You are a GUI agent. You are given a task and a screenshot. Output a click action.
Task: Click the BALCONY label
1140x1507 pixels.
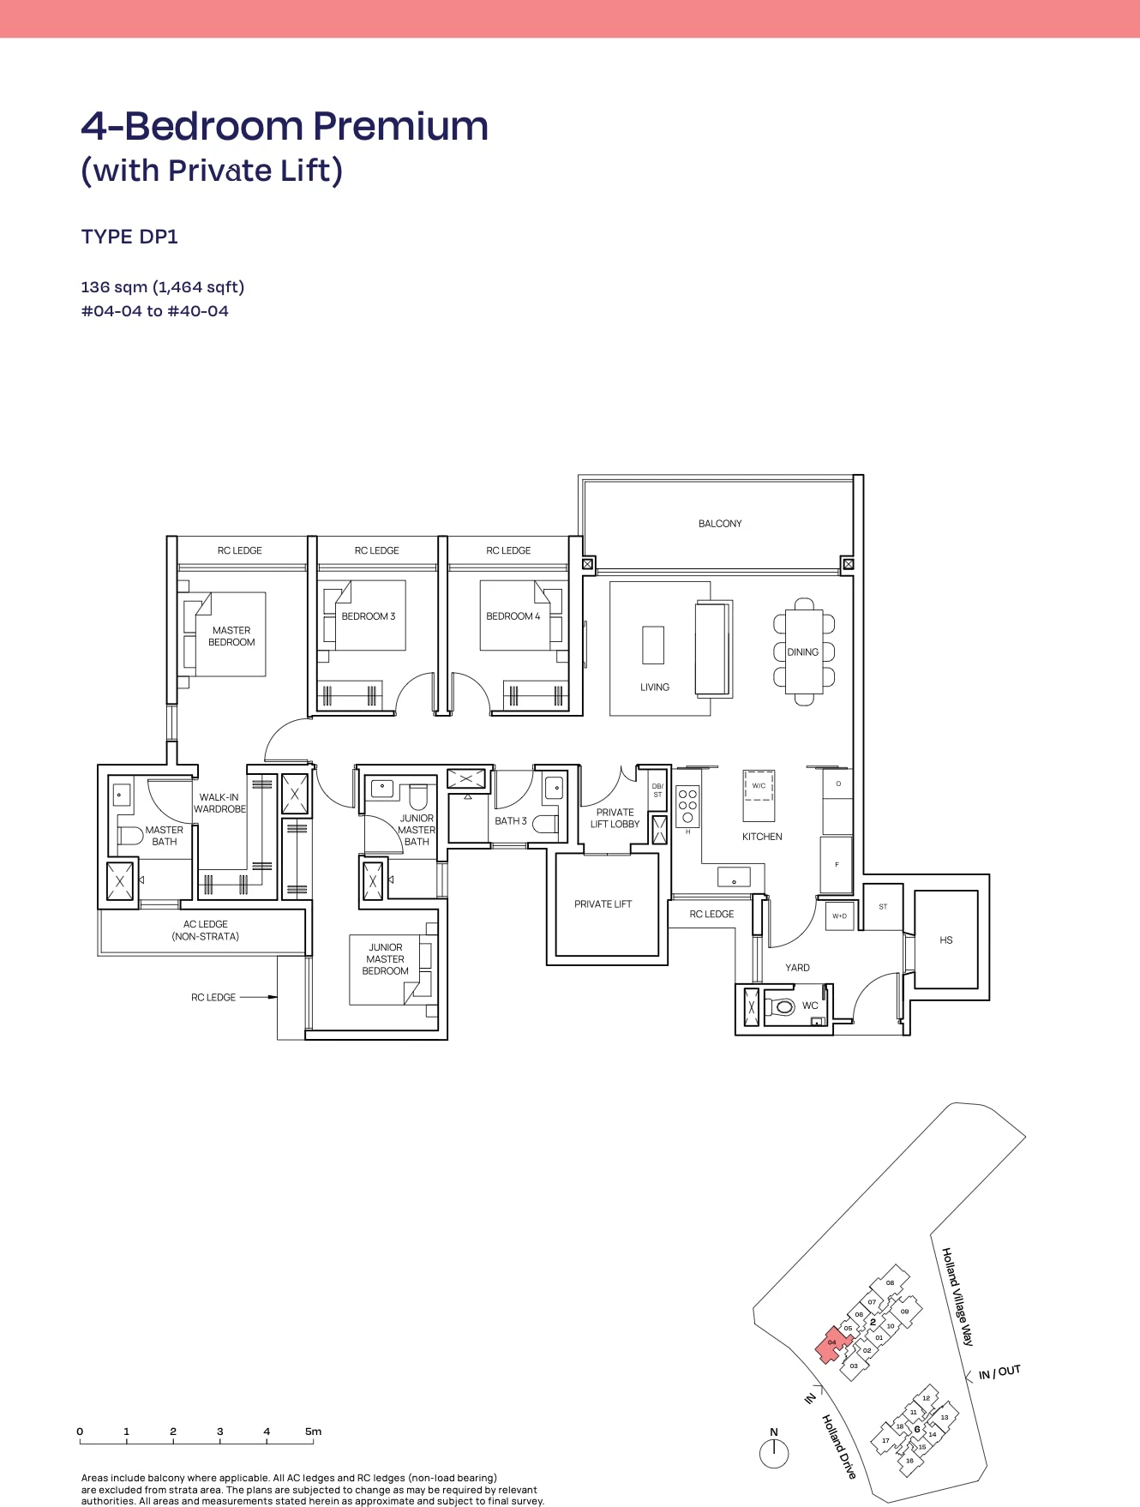click(720, 524)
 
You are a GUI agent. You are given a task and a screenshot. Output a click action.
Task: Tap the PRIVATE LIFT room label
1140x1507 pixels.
click(603, 904)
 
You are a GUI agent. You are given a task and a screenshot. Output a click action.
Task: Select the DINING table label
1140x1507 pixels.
click(803, 652)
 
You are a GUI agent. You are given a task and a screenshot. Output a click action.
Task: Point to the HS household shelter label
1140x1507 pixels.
click(946, 940)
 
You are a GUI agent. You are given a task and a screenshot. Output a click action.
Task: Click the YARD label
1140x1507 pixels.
click(797, 968)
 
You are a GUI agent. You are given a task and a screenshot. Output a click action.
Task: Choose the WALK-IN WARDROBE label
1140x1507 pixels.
click(219, 803)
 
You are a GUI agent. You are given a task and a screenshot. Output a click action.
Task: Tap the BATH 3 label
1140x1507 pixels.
click(511, 821)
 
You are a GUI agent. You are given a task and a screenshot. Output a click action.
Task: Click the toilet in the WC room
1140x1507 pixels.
click(780, 1006)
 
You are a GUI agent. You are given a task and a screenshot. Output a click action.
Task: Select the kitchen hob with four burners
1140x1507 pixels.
click(687, 806)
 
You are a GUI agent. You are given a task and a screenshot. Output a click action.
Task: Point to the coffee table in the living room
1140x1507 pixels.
click(653, 645)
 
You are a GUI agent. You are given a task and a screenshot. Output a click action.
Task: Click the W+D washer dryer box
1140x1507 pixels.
click(839, 916)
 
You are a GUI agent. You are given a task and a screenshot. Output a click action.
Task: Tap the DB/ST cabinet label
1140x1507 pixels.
click(657, 790)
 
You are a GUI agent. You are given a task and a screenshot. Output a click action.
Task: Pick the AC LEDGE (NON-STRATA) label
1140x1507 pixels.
click(206, 930)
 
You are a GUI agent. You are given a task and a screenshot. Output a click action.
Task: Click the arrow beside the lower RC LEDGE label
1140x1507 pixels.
click(258, 997)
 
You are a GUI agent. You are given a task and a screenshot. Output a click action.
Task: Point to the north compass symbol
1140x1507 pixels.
click(774, 1453)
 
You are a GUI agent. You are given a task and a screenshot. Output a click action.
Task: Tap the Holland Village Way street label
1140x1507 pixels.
click(958, 1296)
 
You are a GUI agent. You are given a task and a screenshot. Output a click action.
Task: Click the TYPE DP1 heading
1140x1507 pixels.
click(129, 237)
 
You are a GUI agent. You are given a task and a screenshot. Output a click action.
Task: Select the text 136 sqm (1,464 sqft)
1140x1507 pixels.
click(163, 287)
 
